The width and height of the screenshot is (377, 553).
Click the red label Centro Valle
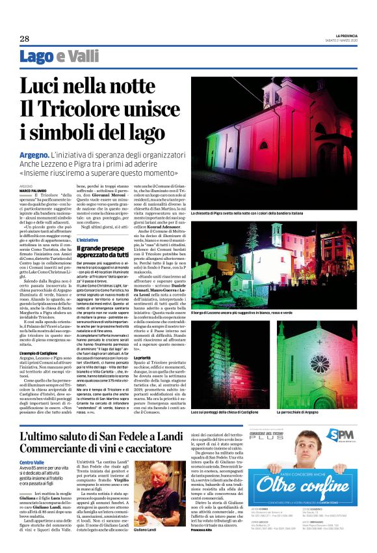[32, 444]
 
